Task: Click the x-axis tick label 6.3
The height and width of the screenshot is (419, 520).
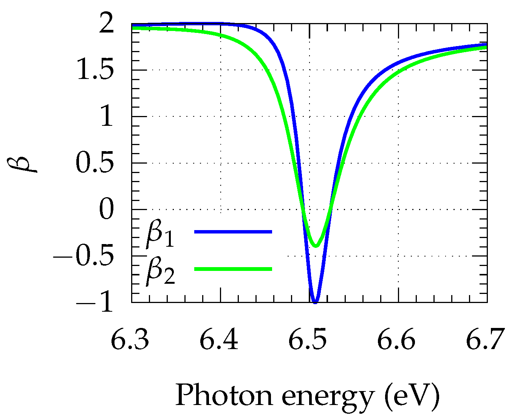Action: (130, 339)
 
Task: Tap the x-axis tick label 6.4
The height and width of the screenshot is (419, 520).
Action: (219, 339)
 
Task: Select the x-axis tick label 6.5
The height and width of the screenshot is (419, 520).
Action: (308, 339)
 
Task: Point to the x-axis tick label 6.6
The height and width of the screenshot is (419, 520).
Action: (397, 339)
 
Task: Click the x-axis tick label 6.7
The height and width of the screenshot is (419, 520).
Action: (486, 339)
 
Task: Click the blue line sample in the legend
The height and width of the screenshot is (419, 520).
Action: (233, 232)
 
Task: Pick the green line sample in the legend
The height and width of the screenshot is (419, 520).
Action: (233, 269)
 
